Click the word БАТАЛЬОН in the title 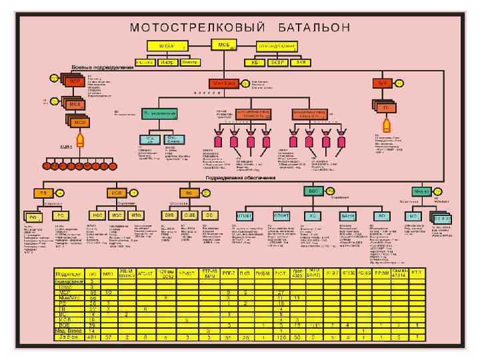pos(308,27)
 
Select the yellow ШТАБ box pos(167,46)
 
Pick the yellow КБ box pos(254,62)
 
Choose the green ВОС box pos(314,191)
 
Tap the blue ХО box pos(312,217)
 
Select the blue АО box pos(381,217)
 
